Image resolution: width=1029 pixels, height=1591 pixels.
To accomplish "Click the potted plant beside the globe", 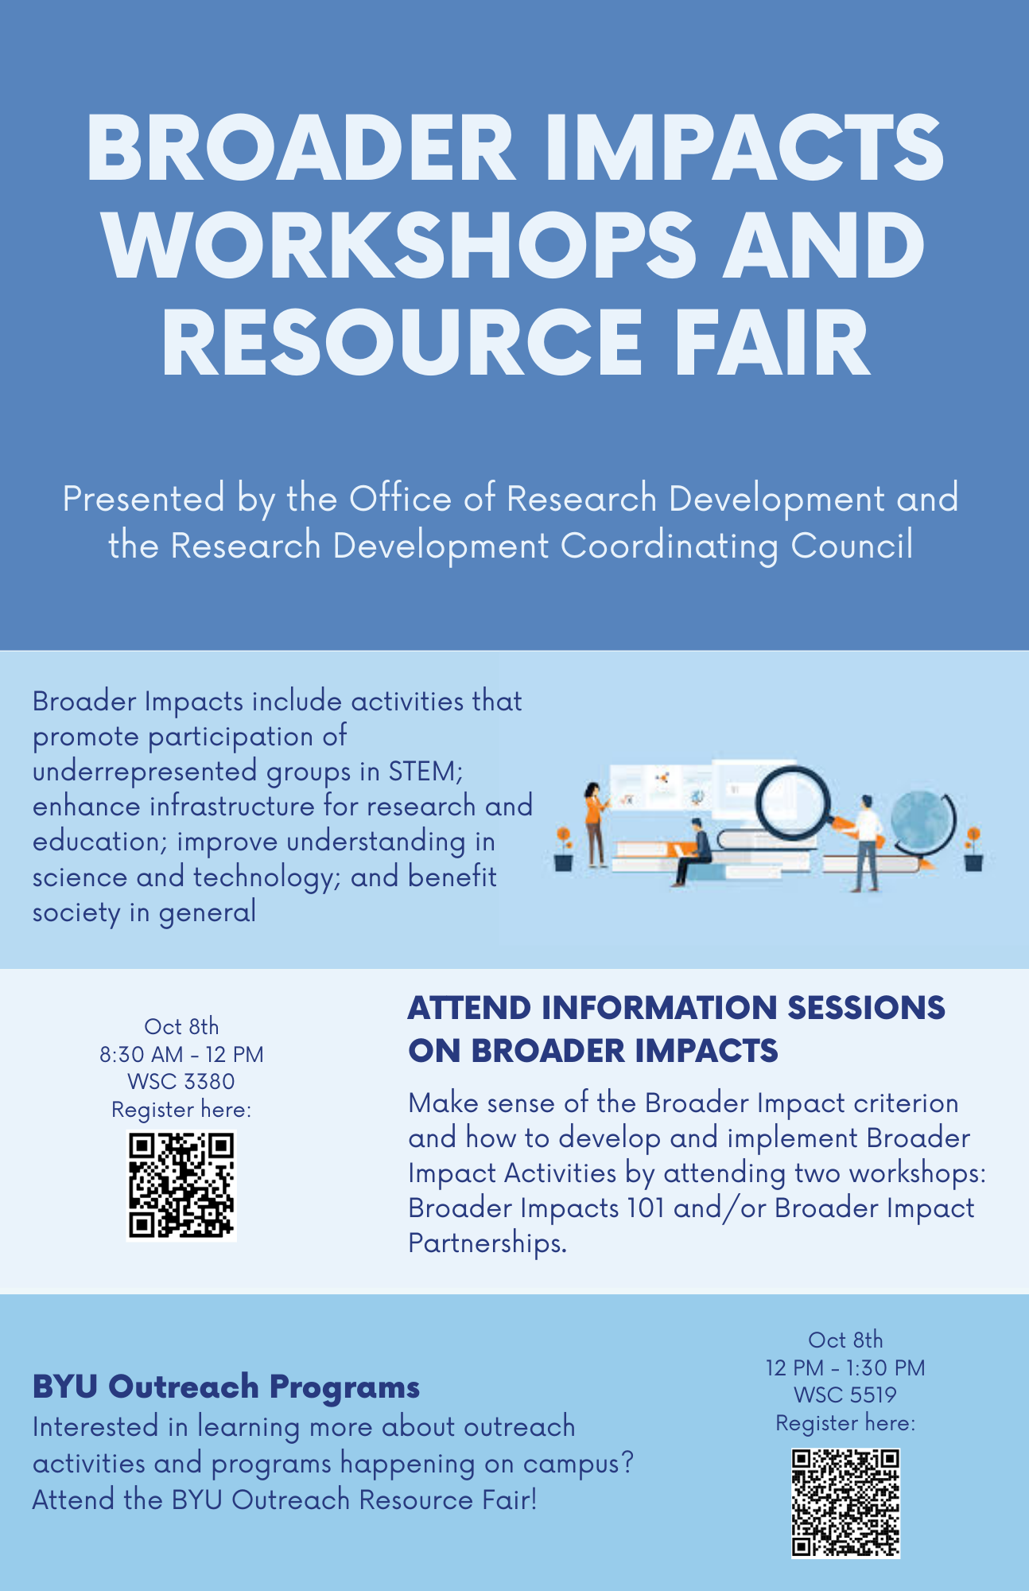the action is [973, 849].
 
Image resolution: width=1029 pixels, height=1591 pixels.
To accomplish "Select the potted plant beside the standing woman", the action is [563, 849].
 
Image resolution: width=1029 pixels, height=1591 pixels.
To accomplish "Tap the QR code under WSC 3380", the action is [181, 1185].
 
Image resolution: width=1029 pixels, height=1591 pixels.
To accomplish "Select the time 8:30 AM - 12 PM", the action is [181, 1054].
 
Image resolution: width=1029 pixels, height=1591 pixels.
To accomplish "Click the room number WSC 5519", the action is [845, 1395].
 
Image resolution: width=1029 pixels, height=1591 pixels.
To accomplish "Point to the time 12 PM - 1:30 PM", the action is [845, 1367].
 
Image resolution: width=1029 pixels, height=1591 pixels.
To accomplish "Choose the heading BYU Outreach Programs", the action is [226, 1387].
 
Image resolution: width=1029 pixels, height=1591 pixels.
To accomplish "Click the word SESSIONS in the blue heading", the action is [866, 1008].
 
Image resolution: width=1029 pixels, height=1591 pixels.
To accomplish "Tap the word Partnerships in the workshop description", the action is [487, 1243].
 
